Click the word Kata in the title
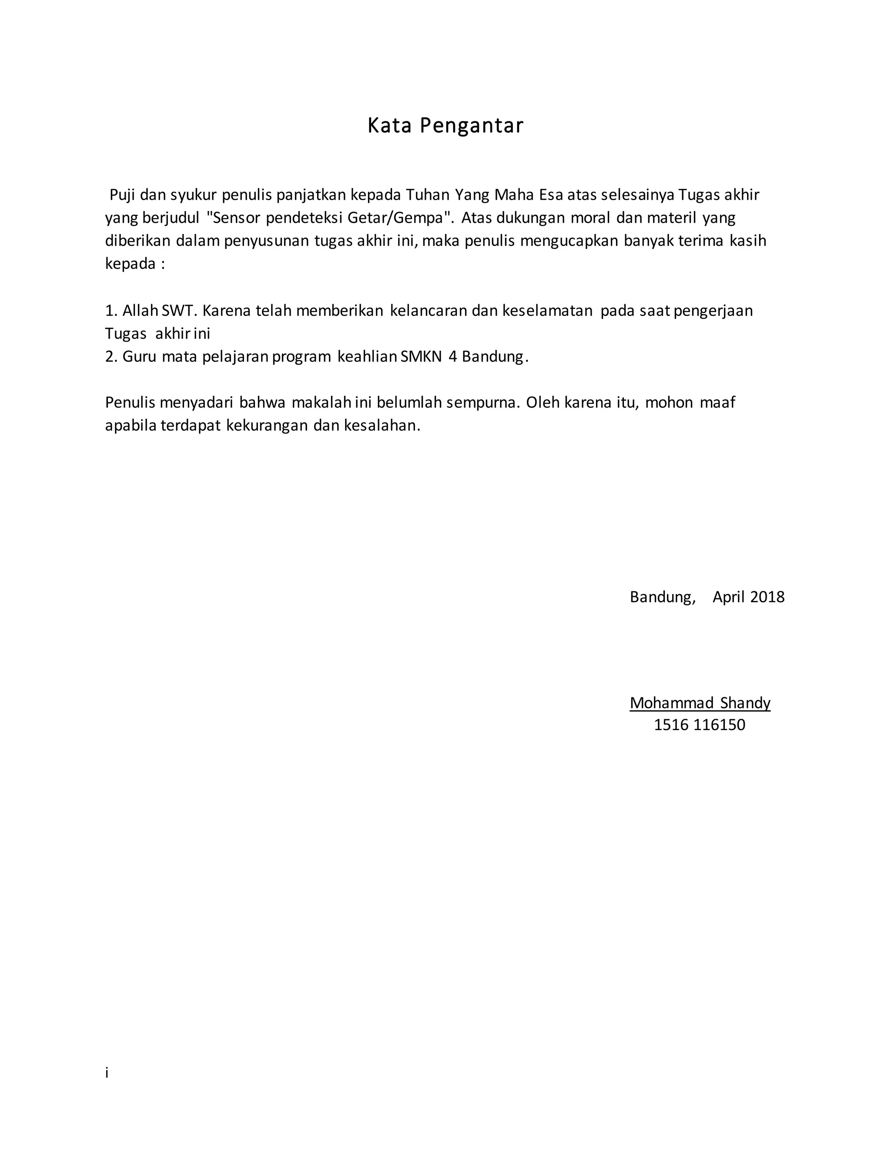389,126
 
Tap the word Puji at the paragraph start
122,195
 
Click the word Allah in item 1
140,310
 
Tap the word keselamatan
547,310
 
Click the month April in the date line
728,597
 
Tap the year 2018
767,597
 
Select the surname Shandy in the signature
745,703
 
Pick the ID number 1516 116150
700,725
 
